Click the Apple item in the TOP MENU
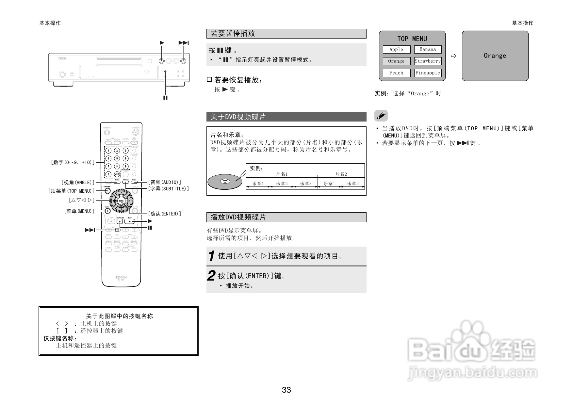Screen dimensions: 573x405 pyautogui.click(x=396, y=49)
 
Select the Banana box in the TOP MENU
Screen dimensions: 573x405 pyautogui.click(x=428, y=49)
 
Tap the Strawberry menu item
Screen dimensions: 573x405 pyautogui.click(x=428, y=61)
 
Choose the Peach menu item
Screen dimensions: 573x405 pyautogui.click(x=396, y=73)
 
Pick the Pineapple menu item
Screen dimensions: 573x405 pyautogui.click(x=428, y=73)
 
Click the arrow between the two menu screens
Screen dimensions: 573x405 pyautogui.click(x=453, y=56)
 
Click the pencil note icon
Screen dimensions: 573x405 pyautogui.click(x=381, y=116)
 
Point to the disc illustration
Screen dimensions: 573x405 pyautogui.click(x=224, y=182)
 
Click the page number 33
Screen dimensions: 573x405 pyautogui.click(x=286, y=390)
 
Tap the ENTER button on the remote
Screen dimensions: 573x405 pyautogui.click(x=121, y=201)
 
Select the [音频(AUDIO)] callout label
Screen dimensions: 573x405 pyautogui.click(x=165, y=182)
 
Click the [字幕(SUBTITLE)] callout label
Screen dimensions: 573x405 pyautogui.click(x=169, y=189)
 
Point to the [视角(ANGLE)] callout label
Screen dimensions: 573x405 pyautogui.click(x=78, y=182)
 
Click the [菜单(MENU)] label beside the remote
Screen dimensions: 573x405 pyautogui.click(x=79, y=211)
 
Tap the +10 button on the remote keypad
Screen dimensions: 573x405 pyautogui.click(x=117, y=174)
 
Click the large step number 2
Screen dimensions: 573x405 pyautogui.click(x=211, y=276)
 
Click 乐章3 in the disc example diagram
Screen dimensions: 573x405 pyautogui.click(x=306, y=184)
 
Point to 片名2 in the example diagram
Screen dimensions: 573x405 pyautogui.click(x=341, y=174)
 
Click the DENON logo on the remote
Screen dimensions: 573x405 pyautogui.click(x=121, y=277)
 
